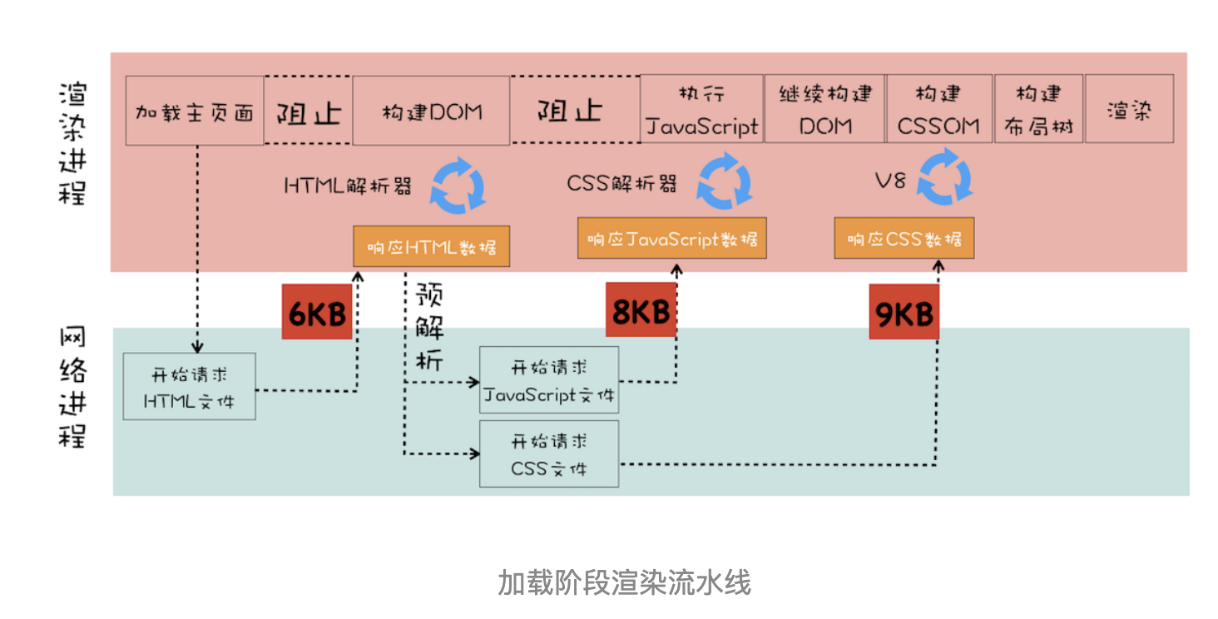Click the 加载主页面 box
click(195, 111)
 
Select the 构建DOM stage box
click(431, 111)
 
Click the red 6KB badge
click(317, 312)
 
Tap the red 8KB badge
click(641, 310)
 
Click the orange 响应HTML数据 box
click(431, 246)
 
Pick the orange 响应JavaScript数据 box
click(672, 238)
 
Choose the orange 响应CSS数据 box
click(904, 238)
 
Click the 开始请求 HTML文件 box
click(189, 386)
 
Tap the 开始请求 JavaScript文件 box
click(549, 380)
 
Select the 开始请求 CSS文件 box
click(549, 453)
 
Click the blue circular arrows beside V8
click(944, 177)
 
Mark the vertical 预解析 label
click(430, 326)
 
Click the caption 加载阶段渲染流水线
click(624, 582)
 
